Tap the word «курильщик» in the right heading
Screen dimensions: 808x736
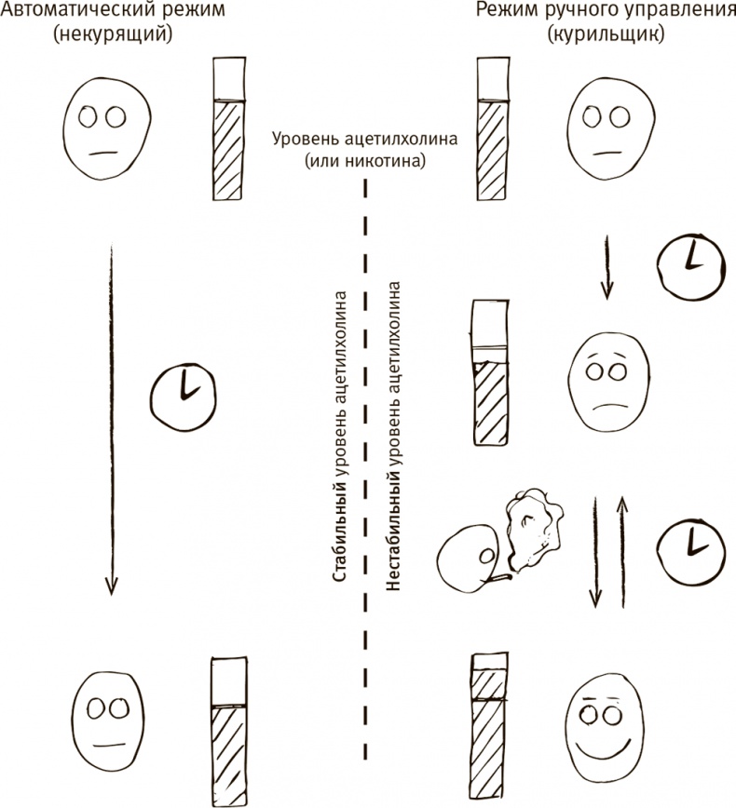(607, 34)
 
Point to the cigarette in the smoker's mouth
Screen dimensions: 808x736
(497, 580)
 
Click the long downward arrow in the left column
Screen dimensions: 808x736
(110, 419)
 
